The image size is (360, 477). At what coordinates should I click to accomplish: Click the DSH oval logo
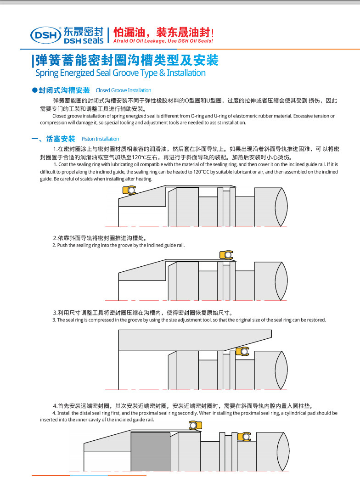pyautogui.click(x=45, y=34)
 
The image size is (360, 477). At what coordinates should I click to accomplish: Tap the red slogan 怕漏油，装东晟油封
pyautogui.click(x=163, y=32)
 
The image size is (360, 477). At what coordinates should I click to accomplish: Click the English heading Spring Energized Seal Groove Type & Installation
pyautogui.click(x=120, y=73)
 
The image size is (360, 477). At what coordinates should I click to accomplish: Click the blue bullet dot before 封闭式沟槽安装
pyautogui.click(x=34, y=90)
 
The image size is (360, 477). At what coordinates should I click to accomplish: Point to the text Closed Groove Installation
pyautogui.click(x=123, y=90)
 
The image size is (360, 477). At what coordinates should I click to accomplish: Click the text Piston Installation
pyautogui.click(x=100, y=139)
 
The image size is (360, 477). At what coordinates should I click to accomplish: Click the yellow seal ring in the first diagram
pyautogui.click(x=129, y=190)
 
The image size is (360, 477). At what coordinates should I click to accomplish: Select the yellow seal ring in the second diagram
pyautogui.click(x=226, y=255)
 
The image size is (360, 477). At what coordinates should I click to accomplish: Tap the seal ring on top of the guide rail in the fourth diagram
pyautogui.click(x=195, y=425)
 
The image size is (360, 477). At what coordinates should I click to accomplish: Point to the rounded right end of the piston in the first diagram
pyautogui.click(x=281, y=207)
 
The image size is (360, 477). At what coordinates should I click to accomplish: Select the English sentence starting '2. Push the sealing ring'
pyautogui.click(x=118, y=245)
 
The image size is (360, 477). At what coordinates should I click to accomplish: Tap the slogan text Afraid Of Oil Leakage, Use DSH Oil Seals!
pyautogui.click(x=163, y=41)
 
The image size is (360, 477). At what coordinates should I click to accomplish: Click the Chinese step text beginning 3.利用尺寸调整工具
pyautogui.click(x=142, y=313)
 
